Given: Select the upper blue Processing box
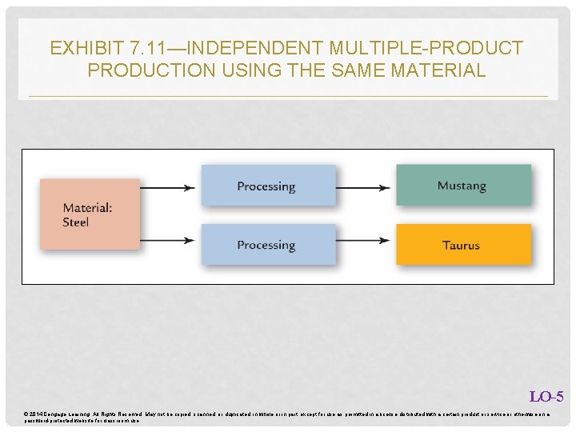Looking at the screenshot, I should coord(268,186).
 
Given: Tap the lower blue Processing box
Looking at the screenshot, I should coord(268,245).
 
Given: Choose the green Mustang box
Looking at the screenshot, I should coord(463,186).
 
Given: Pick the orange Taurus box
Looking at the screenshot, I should coord(463,245).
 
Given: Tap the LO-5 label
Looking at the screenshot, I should coord(546,397).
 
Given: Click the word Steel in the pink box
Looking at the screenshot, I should coord(76,222).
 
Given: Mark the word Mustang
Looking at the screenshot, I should coord(462,186).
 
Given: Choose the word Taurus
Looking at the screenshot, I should coord(462,245).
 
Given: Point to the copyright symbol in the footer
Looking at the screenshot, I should coord(26,413).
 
